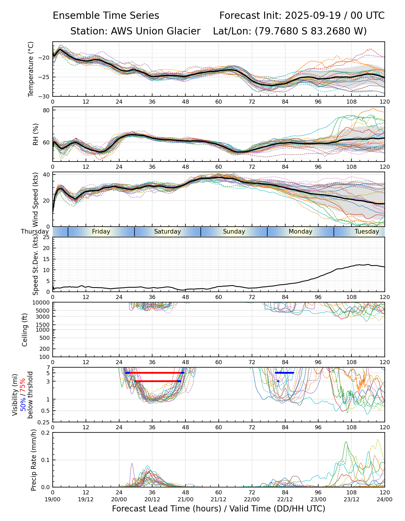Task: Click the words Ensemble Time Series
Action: point(106,16)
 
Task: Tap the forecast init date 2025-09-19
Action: point(312,16)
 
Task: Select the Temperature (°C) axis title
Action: point(31,69)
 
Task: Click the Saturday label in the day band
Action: point(167,232)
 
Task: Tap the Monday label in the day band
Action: point(300,232)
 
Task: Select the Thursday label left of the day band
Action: point(35,232)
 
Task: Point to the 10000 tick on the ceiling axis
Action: point(43,303)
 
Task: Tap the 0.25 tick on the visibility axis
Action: point(44,422)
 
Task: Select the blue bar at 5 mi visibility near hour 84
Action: point(285,373)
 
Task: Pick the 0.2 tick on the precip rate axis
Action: point(46,433)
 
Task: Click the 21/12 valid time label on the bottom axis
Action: point(218,499)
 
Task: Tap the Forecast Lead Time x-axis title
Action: point(218,509)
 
